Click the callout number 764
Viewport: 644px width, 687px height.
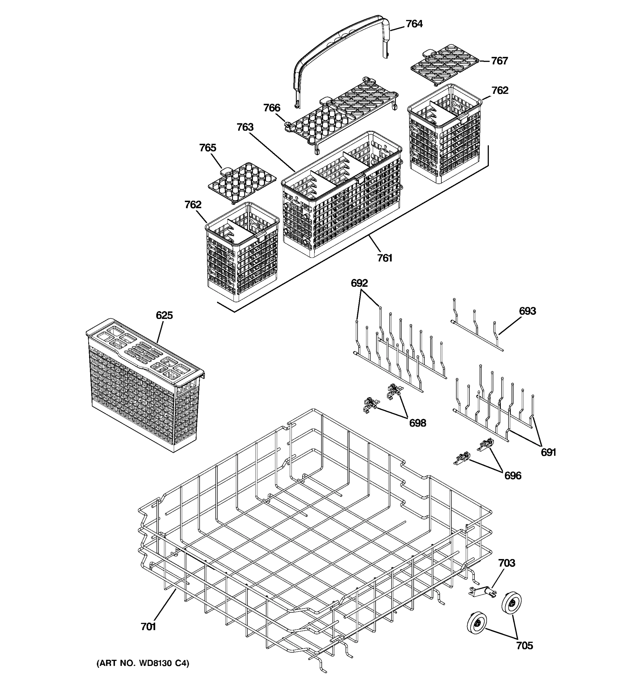pyautogui.click(x=414, y=24)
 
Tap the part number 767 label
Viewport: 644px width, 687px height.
pyautogui.click(x=499, y=61)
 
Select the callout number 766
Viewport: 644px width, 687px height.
pyautogui.click(x=272, y=108)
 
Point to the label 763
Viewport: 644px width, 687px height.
pyautogui.click(x=245, y=127)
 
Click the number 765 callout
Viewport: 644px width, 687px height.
pyautogui.click(x=208, y=147)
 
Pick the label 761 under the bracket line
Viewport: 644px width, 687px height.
pyautogui.click(x=384, y=258)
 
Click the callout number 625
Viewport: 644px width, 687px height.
pyautogui.click(x=164, y=315)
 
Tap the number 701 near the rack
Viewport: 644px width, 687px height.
pyautogui.click(x=148, y=627)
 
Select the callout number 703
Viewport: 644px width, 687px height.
pyautogui.click(x=507, y=563)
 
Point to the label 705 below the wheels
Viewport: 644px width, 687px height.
pyautogui.click(x=524, y=645)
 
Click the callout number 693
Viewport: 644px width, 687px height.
pyautogui.click(x=528, y=311)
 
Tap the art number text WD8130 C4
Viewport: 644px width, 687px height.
pyautogui.click(x=143, y=663)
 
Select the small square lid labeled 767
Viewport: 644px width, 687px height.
pyautogui.click(x=444, y=64)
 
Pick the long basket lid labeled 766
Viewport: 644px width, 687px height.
pyautogui.click(x=342, y=114)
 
